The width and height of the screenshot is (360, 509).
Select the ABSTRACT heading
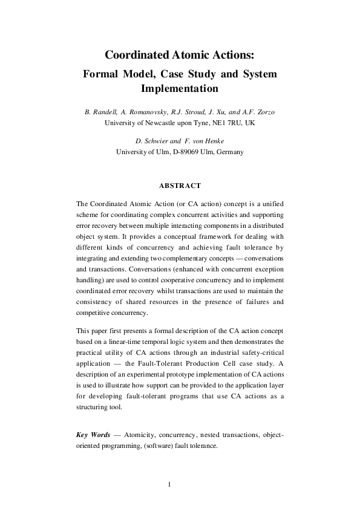click(x=179, y=185)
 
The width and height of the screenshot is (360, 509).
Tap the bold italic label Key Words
click(x=93, y=435)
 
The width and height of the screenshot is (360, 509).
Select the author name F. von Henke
click(x=198, y=142)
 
